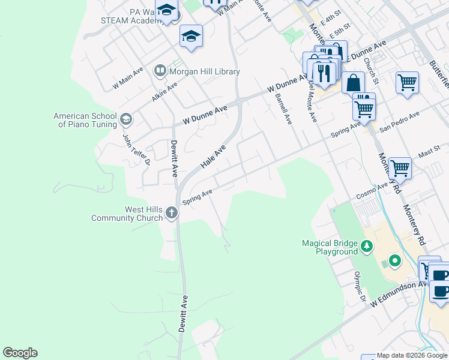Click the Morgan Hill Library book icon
(160, 71)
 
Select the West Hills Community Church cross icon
(172, 212)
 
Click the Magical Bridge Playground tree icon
(366, 246)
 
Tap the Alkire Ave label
(164, 92)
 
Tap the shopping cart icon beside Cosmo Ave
(400, 168)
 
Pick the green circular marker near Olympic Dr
(394, 261)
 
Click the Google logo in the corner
(20, 353)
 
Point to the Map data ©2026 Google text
(412, 356)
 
